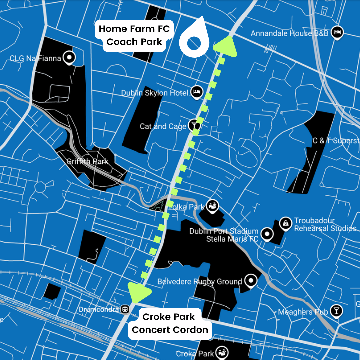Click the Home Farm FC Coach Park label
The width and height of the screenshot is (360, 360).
[x=134, y=35]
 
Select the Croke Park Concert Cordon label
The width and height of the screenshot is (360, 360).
[x=170, y=323]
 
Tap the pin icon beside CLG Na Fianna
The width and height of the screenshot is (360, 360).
[x=69, y=58]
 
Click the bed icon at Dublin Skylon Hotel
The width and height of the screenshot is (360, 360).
[x=197, y=92]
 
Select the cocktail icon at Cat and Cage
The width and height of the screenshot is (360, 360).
[x=193, y=126]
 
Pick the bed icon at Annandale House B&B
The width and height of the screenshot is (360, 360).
[x=338, y=33]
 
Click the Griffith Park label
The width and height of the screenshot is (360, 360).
[x=87, y=162]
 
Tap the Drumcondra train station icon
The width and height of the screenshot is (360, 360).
[x=125, y=309]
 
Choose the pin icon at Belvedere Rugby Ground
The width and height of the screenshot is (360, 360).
[x=251, y=281]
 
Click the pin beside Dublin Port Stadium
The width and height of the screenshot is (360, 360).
[x=266, y=234]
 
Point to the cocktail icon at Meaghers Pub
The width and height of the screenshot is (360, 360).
[x=336, y=311]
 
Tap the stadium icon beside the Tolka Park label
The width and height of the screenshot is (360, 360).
[x=212, y=206]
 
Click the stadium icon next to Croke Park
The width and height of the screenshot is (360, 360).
[x=221, y=352]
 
